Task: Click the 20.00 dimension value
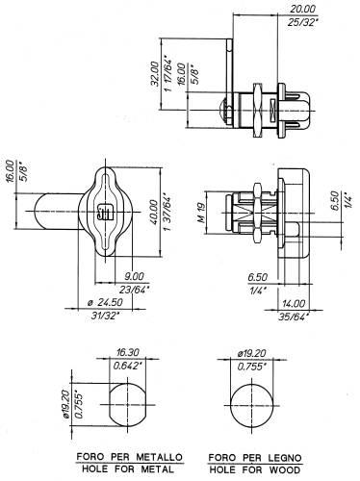pyautogui.click(x=302, y=9)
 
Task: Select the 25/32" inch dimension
pyautogui.click(x=303, y=22)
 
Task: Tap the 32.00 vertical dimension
pyautogui.click(x=155, y=73)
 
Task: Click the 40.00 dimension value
pyautogui.click(x=153, y=212)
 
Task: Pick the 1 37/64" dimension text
pyautogui.click(x=167, y=213)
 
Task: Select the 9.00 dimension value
pyautogui.click(x=134, y=275)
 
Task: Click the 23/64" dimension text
pyautogui.click(x=135, y=289)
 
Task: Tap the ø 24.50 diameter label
pyautogui.click(x=105, y=302)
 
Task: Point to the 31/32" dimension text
pyautogui.click(x=105, y=316)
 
